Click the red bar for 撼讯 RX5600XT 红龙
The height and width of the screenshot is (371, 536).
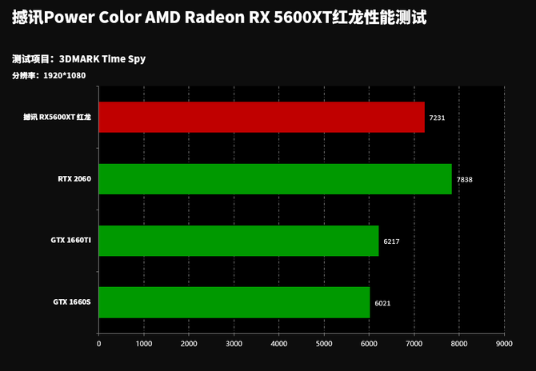(x=261, y=117)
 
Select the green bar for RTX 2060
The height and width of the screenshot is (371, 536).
(x=274, y=179)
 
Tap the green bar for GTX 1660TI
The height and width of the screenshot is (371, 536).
(x=238, y=241)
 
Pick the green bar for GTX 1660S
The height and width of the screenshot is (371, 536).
(x=234, y=302)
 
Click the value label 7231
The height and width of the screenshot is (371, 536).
(x=437, y=118)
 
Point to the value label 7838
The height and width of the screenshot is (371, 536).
(x=464, y=180)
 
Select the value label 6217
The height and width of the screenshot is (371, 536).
(x=391, y=241)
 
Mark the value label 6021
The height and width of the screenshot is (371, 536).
(x=382, y=303)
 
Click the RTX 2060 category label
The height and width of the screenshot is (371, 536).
(x=74, y=179)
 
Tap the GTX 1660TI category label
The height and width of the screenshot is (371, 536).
(x=72, y=241)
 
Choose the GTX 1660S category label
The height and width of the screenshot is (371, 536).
(x=72, y=302)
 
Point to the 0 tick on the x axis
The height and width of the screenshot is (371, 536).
(x=98, y=344)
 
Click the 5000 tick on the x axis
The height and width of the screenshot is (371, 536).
(x=323, y=344)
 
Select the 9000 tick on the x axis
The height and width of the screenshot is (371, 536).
(x=503, y=344)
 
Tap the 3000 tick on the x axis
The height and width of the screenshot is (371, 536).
(x=234, y=344)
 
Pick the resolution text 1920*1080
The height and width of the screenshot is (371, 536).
(x=65, y=76)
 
